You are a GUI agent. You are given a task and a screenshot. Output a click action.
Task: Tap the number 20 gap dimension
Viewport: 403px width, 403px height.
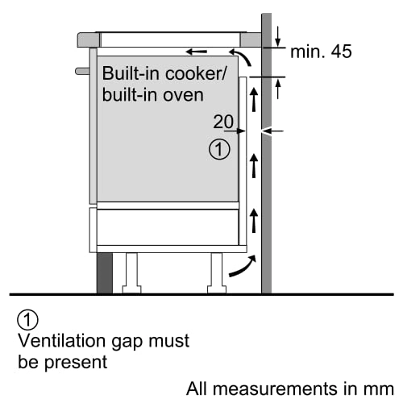tap(223, 122)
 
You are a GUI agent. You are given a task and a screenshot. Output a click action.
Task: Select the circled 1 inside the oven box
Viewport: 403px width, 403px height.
tap(218, 149)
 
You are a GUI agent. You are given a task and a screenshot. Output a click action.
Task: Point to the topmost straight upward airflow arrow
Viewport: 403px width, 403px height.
tap(256, 99)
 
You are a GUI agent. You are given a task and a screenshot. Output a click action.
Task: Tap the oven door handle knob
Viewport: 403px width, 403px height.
tap(82, 71)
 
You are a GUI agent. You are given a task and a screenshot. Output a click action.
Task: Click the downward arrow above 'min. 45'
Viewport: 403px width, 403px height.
tap(276, 35)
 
